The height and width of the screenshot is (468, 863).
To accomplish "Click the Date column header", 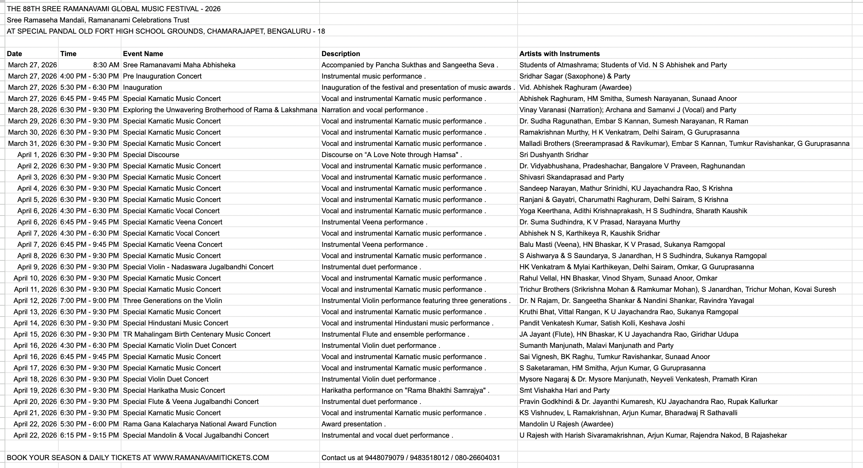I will [x=15, y=54].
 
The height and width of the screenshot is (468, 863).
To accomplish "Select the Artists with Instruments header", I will [x=559, y=54].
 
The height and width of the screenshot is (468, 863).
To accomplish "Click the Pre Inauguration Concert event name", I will [x=162, y=76].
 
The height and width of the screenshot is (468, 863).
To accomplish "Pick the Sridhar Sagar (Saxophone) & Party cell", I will [x=575, y=76].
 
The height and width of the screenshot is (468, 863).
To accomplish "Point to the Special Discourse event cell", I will [x=151, y=155].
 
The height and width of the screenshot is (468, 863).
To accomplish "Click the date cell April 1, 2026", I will [x=37, y=155].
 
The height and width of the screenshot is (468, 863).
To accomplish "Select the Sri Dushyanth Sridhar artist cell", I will [x=554, y=155].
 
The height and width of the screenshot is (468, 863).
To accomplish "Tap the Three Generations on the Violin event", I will [x=173, y=301].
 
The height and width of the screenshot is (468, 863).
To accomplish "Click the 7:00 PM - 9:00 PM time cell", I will [x=89, y=301].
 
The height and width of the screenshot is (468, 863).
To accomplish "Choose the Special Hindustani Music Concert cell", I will [x=176, y=323].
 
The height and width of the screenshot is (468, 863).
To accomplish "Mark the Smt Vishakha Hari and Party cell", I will [x=564, y=390].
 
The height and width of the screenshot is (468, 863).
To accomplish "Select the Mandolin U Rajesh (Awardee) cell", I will [x=566, y=424].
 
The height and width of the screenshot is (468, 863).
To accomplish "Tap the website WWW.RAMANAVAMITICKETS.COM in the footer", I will [x=211, y=458].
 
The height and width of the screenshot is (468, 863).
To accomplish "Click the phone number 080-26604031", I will [x=477, y=458].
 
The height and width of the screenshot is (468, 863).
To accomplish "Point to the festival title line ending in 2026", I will [x=113, y=9].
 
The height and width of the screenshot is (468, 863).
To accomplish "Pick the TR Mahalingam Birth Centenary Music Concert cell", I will [x=197, y=335].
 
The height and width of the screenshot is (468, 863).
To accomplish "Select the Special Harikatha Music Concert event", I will [x=174, y=390].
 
